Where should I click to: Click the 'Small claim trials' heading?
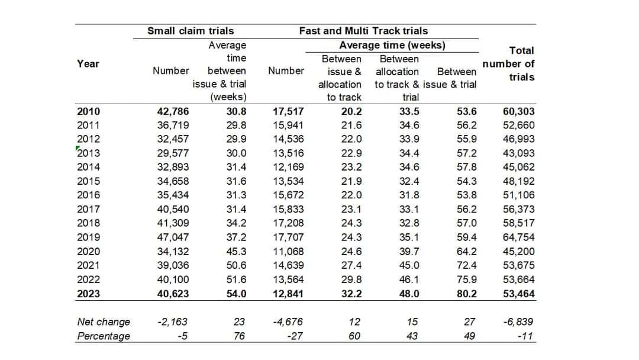pos(190,31)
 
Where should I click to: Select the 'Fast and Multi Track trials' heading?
pos(363,31)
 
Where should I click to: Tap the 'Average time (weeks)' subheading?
pos(392,45)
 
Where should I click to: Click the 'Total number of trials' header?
pos(508,63)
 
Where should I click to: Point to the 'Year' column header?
pos(88,63)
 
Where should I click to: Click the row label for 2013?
pos(89,153)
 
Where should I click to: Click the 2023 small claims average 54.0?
pos(235,293)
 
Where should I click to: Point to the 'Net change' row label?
pos(104,322)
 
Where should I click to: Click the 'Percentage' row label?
pos(104,336)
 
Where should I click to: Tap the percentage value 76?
pos(240,336)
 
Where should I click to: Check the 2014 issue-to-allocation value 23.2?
pos(350,167)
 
